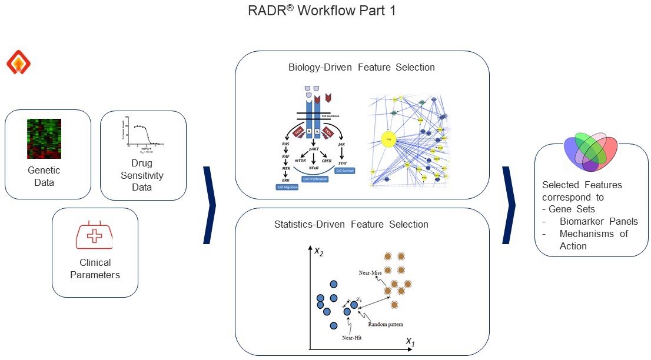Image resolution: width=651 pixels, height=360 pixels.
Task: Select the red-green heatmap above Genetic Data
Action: [x=44, y=138]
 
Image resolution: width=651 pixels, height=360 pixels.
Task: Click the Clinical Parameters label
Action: [x=95, y=268]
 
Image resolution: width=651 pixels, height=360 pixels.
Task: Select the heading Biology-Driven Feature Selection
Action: [x=361, y=67]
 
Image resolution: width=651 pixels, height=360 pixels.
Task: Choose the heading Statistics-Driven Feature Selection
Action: [x=351, y=224]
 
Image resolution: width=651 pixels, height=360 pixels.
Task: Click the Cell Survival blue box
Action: [x=346, y=171]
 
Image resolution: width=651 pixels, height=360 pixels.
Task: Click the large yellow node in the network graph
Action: [x=388, y=139]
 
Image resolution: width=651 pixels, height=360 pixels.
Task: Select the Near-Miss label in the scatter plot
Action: [x=370, y=273]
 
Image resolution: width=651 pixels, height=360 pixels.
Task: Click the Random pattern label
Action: [x=386, y=324]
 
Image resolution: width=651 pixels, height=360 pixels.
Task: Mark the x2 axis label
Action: [x=318, y=252]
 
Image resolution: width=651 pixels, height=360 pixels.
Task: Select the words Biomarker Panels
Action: [x=599, y=222]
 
